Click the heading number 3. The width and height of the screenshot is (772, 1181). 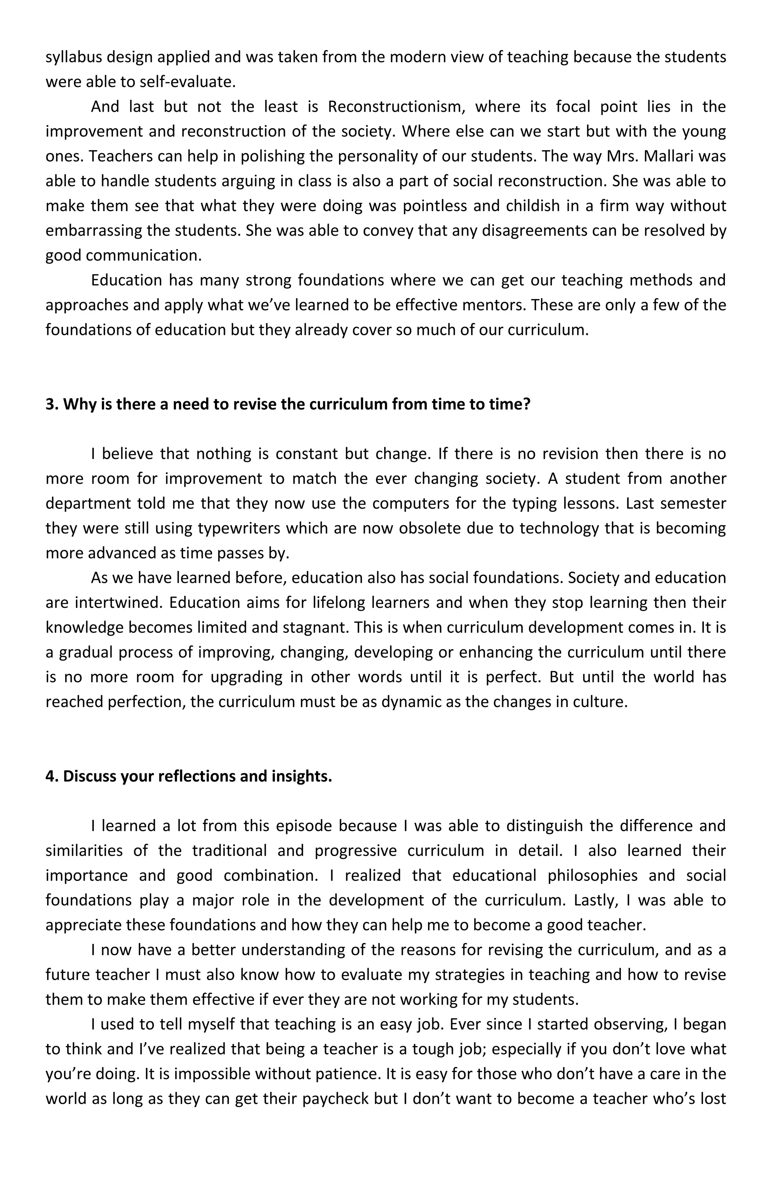pos(51,405)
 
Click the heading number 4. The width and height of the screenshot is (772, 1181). pos(51,776)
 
